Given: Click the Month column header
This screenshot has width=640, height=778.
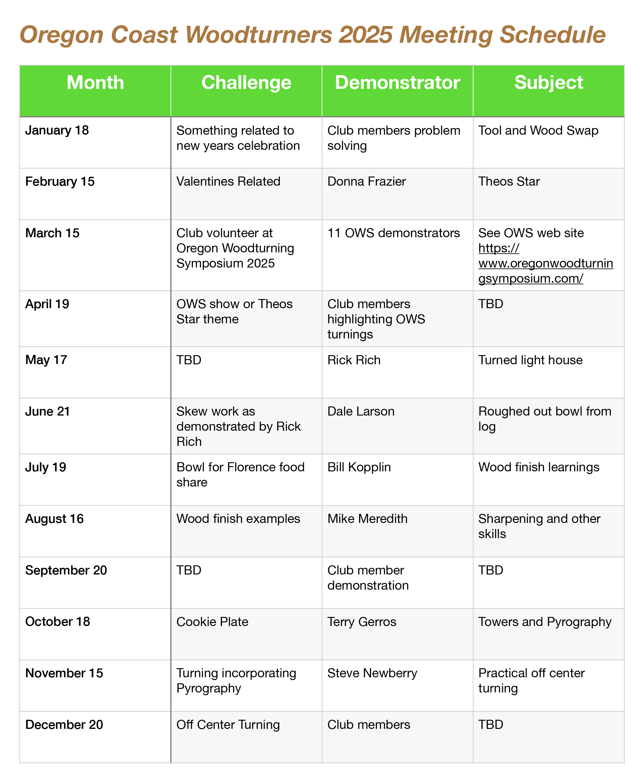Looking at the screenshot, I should (95, 82).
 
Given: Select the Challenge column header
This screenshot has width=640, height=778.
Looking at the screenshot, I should (246, 82).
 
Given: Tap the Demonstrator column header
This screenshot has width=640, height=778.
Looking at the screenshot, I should (397, 82).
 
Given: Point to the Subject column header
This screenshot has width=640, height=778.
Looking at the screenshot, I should (548, 82).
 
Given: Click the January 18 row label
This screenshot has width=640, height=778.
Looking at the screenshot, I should (57, 130).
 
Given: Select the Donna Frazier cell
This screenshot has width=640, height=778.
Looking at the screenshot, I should (367, 181).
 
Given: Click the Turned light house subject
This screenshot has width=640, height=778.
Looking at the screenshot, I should (530, 360).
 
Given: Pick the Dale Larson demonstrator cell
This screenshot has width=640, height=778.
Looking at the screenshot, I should (361, 411).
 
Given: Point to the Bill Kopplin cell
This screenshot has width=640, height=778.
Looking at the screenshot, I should (359, 467).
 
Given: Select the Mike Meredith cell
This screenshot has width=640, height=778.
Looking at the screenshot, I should (367, 519).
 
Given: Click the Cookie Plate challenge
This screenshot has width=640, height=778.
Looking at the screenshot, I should (212, 621).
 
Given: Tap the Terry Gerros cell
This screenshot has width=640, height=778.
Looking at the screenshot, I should (362, 621).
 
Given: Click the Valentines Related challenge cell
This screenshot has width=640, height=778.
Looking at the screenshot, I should (228, 181).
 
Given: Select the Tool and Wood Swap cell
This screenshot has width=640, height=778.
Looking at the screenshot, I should (538, 130).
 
